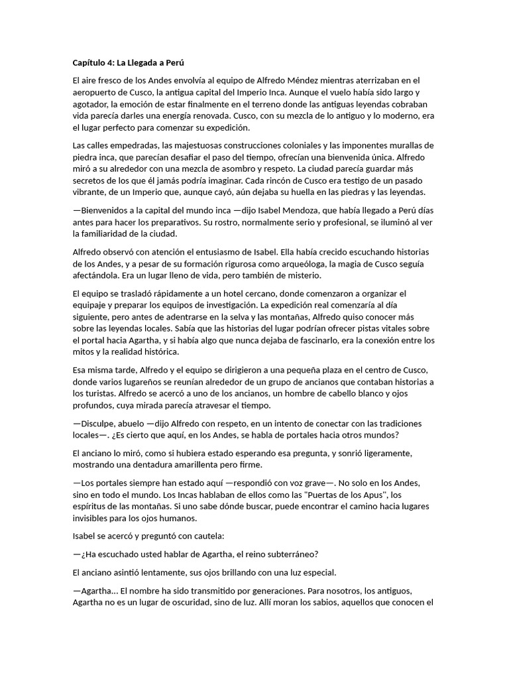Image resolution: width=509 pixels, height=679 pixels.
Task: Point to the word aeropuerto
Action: point(95,92)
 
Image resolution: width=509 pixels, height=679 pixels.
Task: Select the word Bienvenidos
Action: point(109,210)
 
